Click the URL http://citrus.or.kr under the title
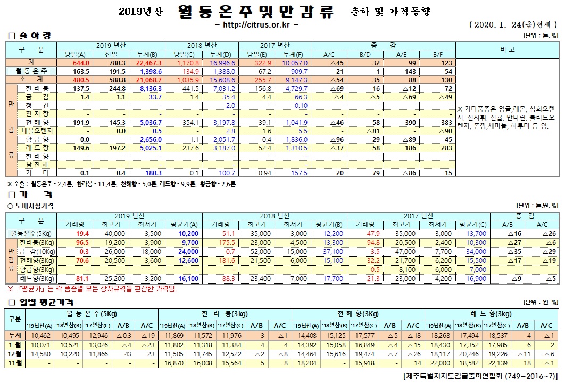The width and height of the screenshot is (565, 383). point(256,24)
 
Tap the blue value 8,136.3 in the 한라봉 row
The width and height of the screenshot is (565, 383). point(151,88)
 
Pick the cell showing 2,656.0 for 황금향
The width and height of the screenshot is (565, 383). point(149,139)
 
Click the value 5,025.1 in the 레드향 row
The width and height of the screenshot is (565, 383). point(149,148)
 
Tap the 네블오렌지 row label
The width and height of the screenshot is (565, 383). point(36,131)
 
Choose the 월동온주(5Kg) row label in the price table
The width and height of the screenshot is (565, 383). point(31,233)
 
